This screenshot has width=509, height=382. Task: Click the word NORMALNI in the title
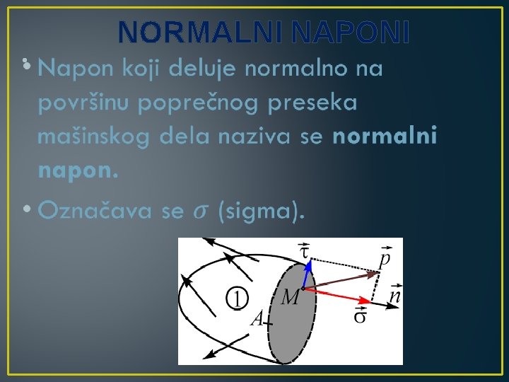(201, 32)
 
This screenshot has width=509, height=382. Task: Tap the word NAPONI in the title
(350, 32)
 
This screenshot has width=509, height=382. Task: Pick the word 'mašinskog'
(93, 137)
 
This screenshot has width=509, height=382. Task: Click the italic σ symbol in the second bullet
(201, 211)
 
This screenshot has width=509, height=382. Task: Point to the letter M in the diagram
(289, 299)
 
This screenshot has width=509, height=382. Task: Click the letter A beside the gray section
(257, 318)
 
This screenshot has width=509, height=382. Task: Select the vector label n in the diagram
(394, 295)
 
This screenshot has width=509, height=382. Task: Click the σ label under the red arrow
(360, 316)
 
